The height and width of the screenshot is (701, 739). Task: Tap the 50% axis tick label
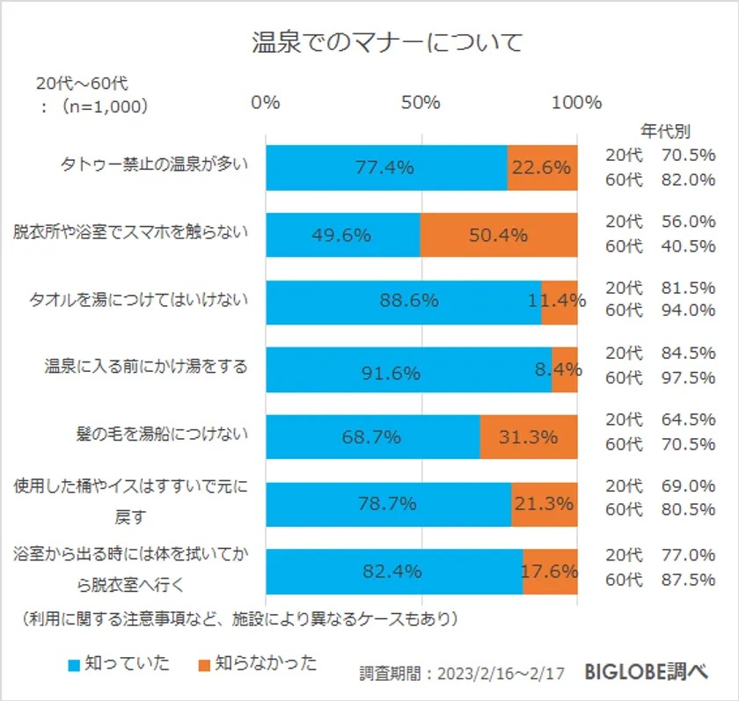421,102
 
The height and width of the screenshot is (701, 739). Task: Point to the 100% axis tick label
576,102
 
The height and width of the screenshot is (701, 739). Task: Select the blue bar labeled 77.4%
385,167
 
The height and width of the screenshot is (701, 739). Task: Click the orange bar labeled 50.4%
498,235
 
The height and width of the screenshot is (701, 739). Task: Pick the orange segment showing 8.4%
564,370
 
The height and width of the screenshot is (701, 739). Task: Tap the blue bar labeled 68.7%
372,437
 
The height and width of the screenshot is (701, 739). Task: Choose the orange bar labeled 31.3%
528,437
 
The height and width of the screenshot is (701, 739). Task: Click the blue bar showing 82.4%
393,572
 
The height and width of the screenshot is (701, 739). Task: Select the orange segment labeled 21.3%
544,504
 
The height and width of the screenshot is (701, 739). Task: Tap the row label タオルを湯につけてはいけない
146,299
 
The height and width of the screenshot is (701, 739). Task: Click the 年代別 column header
665,132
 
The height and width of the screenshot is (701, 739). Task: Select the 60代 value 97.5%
688,377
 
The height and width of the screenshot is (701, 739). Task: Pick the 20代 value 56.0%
688,222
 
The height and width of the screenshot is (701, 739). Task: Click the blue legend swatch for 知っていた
74,663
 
